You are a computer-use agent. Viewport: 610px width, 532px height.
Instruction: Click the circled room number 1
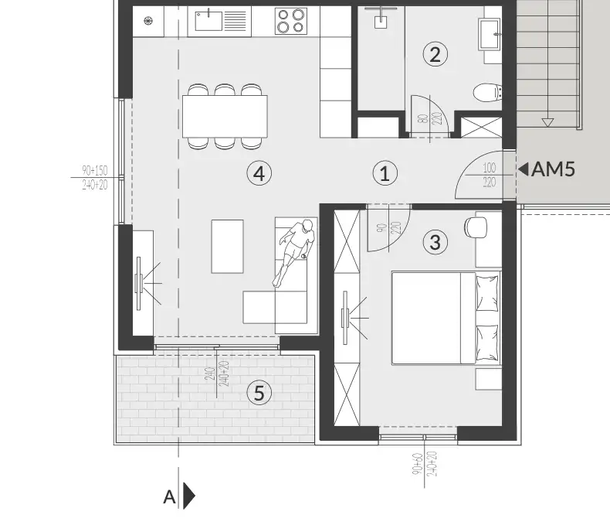(x=385, y=173)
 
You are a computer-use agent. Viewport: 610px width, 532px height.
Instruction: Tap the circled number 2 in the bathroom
(x=435, y=54)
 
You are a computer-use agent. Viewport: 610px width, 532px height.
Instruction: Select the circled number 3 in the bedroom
(x=435, y=243)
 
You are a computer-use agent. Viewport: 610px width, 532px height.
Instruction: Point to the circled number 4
(x=259, y=173)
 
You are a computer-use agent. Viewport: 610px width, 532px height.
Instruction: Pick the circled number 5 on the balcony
(x=259, y=394)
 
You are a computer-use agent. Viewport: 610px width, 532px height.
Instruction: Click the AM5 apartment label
(x=554, y=169)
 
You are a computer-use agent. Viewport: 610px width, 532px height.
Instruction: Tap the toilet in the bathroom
(x=487, y=94)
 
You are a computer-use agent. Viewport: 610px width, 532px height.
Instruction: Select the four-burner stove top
(x=290, y=21)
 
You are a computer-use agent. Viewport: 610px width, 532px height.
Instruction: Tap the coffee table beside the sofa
(x=227, y=246)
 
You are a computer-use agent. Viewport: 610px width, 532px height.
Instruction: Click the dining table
(x=225, y=116)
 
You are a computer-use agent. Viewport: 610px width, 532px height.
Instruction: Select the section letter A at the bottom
(x=169, y=497)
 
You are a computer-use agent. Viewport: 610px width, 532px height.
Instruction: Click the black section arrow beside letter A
(x=188, y=496)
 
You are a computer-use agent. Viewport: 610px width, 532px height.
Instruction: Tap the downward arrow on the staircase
(x=548, y=121)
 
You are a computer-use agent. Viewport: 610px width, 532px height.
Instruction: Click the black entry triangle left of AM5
(x=524, y=169)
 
